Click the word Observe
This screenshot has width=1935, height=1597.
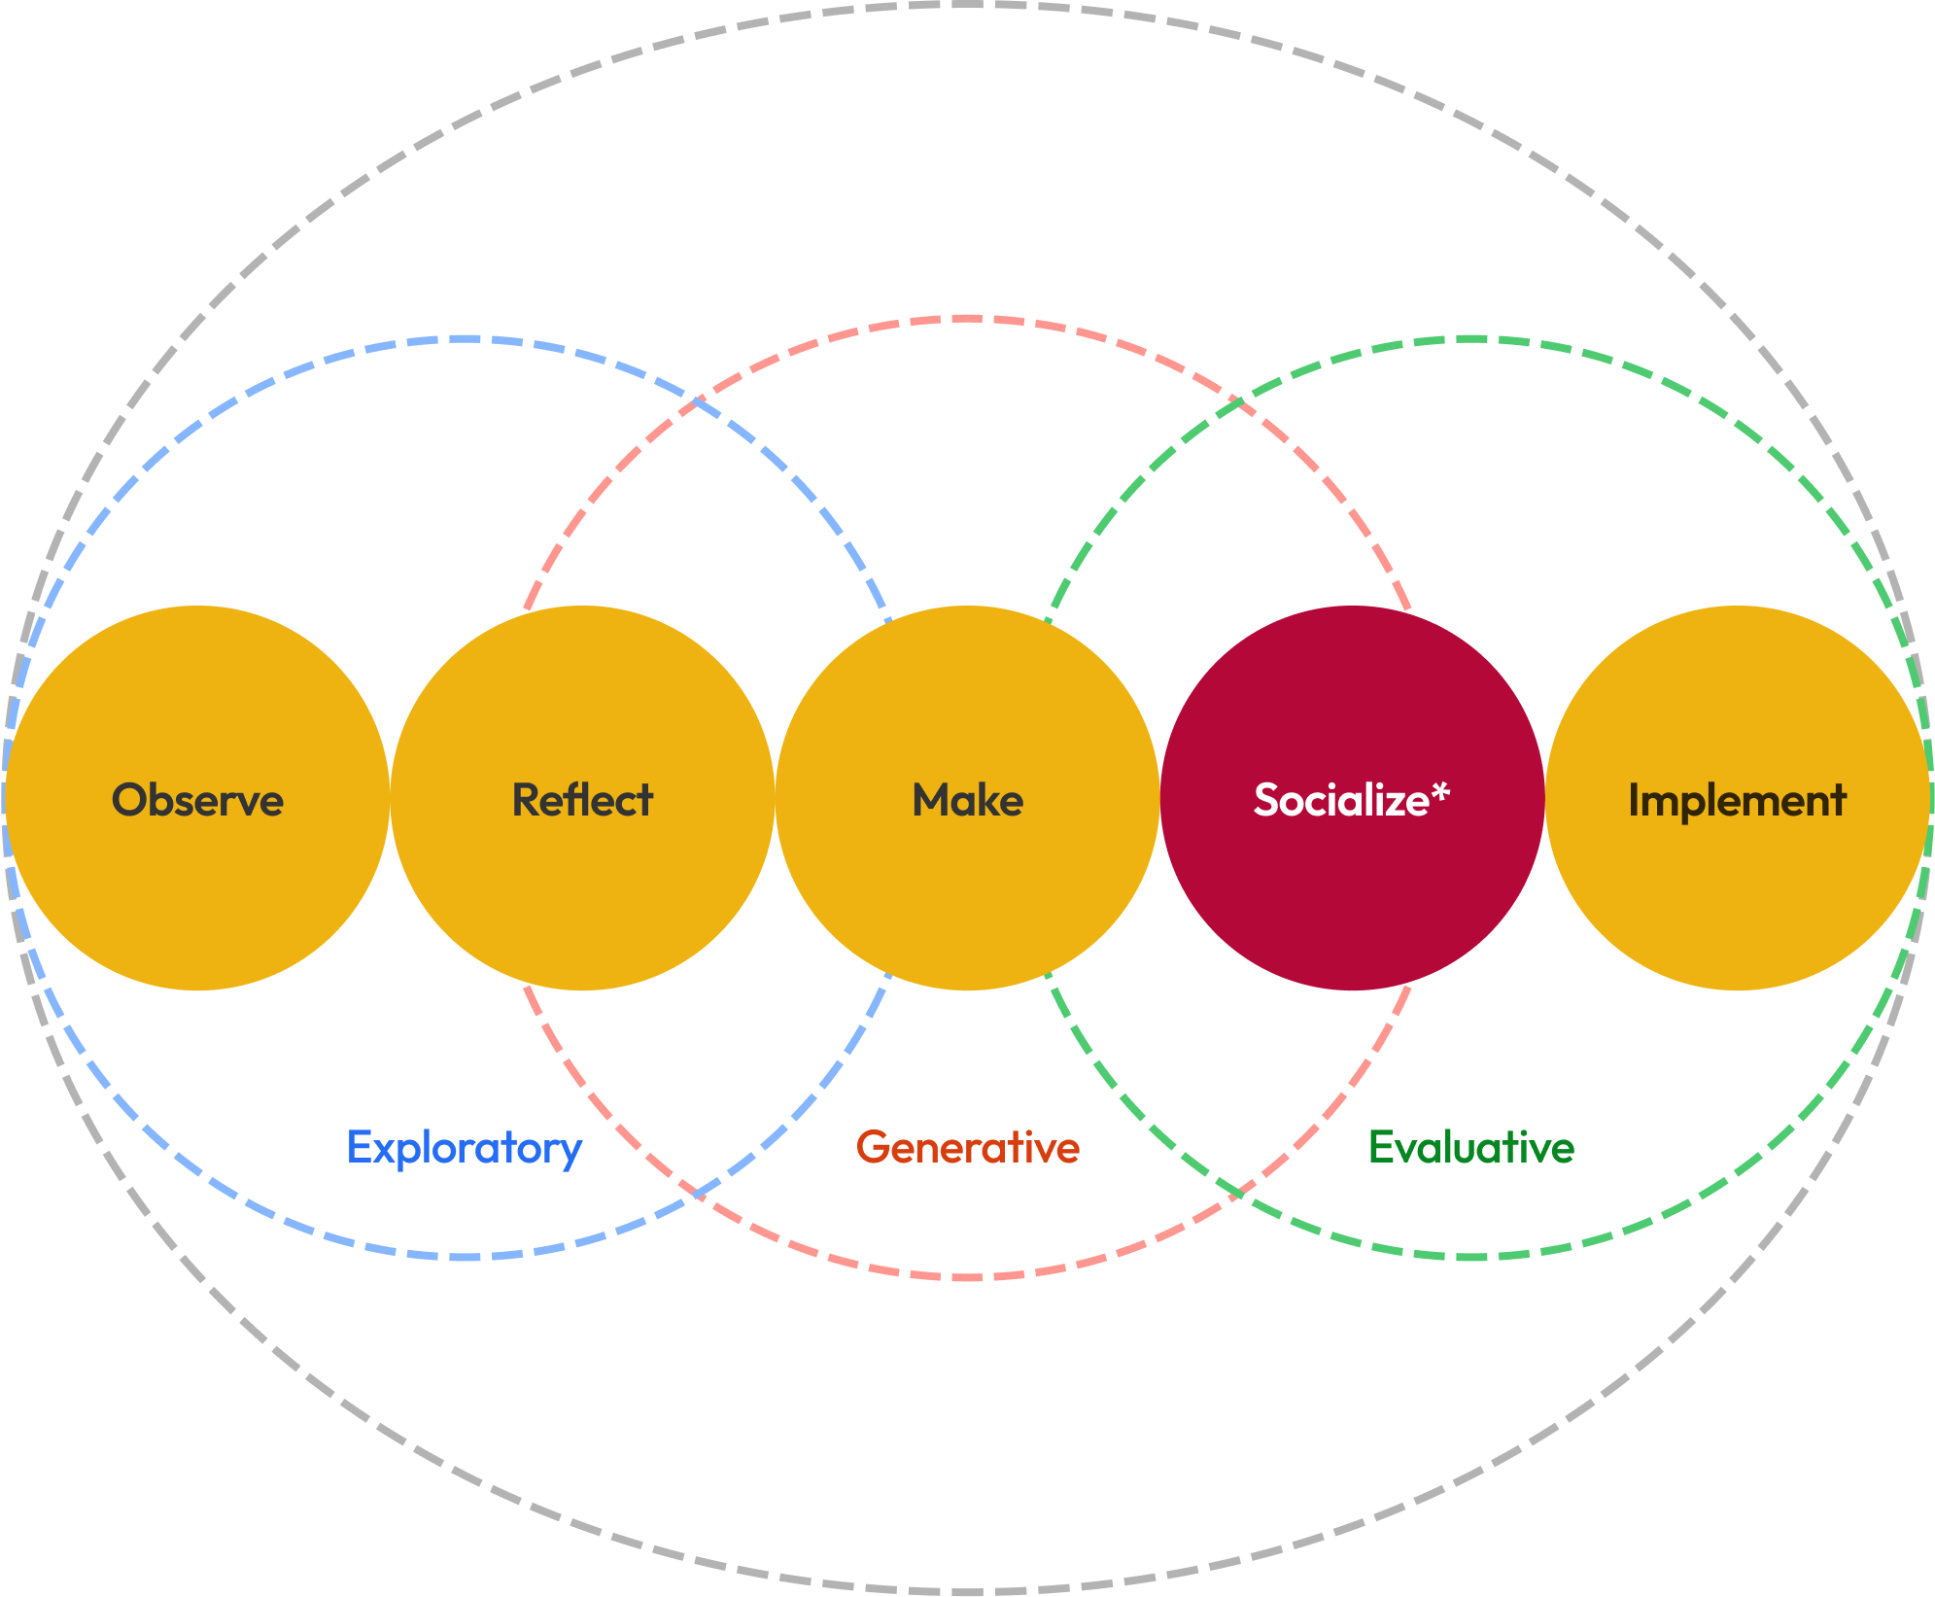(x=197, y=800)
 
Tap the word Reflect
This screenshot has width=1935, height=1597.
(x=582, y=800)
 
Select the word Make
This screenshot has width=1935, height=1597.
(x=967, y=800)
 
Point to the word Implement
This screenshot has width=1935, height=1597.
(x=1737, y=800)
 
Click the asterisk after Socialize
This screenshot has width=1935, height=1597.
(x=1440, y=792)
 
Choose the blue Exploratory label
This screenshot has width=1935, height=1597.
(x=465, y=1148)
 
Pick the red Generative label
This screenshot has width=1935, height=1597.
(x=967, y=1147)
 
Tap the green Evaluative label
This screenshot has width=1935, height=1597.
(x=1470, y=1147)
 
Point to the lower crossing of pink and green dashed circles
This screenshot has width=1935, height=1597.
(x=1236, y=1192)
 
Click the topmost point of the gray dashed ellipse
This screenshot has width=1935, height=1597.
(x=967, y=5)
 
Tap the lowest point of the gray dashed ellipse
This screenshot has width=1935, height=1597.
(x=967, y=1591)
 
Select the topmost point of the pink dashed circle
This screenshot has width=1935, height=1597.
(x=967, y=318)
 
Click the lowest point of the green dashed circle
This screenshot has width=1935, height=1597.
(x=1471, y=1257)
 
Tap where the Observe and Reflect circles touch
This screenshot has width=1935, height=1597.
(x=390, y=798)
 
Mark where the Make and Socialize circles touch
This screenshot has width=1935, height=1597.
(x=1159, y=798)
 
